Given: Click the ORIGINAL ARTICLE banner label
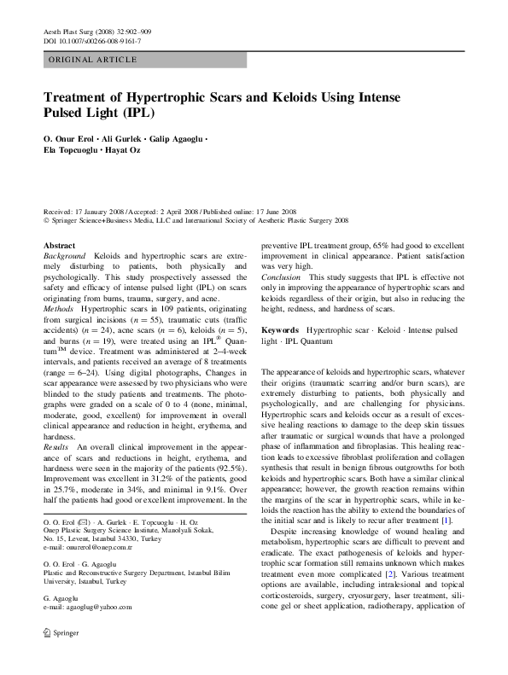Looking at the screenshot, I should click(92, 59).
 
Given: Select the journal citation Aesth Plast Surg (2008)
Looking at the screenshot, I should click(80, 31).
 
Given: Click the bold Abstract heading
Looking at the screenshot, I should click(58, 245).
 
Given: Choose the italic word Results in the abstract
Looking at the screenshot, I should click(56, 471).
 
